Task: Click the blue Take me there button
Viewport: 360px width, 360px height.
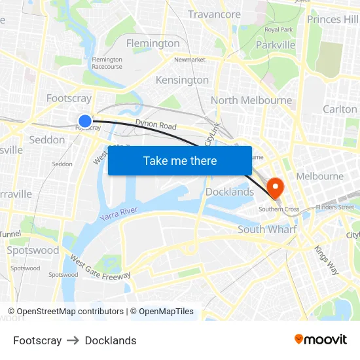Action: [180, 160]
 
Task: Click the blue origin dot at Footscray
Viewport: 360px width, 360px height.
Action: [84, 120]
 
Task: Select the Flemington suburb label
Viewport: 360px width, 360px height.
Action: [153, 43]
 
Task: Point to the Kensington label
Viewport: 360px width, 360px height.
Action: [182, 80]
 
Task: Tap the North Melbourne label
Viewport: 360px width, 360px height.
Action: [251, 100]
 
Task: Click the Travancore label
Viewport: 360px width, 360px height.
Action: [214, 14]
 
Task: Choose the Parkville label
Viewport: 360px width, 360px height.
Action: [276, 45]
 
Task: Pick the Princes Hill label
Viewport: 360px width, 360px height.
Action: [333, 19]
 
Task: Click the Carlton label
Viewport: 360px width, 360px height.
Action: [340, 109]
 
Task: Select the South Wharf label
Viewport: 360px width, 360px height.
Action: [267, 229]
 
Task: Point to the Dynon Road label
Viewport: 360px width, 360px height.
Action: [156, 125]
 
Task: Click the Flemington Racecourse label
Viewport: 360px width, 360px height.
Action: [107, 63]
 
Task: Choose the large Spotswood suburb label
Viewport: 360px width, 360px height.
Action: [33, 250]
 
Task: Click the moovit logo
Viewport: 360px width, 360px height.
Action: [320, 340]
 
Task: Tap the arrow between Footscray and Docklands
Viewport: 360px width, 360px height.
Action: [73, 340]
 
